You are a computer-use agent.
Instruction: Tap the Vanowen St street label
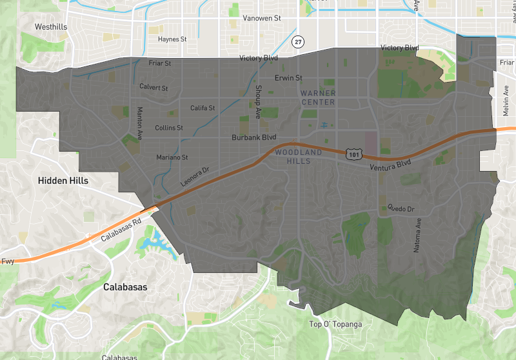click(261, 19)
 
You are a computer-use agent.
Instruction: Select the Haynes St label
click(172, 39)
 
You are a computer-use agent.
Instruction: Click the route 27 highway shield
click(297, 42)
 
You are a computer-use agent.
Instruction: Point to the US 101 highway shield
click(353, 154)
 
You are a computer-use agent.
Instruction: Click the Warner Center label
click(318, 98)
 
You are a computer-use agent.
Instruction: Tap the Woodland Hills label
click(298, 157)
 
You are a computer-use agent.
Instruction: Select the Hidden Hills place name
click(63, 181)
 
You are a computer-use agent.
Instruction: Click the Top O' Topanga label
click(333, 325)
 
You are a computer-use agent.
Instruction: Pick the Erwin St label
click(288, 78)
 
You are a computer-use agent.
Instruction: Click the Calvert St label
click(154, 88)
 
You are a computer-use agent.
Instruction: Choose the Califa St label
click(203, 108)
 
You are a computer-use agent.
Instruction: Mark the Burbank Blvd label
click(254, 137)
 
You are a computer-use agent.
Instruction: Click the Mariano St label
click(172, 157)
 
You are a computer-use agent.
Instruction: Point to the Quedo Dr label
click(401, 208)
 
